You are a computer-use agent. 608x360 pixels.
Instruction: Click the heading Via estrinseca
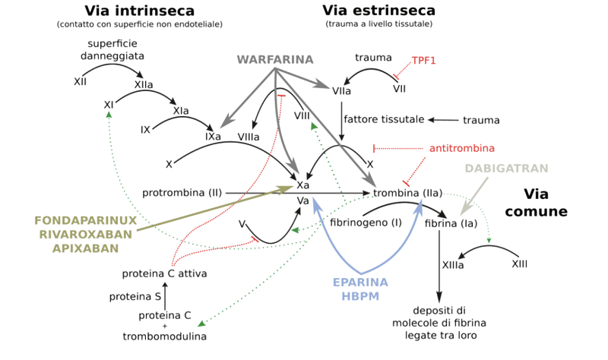point(378,11)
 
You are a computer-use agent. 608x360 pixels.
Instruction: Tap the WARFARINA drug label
point(271,58)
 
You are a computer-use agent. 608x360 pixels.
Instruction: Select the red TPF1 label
point(423,59)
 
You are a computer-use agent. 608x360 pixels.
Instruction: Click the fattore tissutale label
point(383,120)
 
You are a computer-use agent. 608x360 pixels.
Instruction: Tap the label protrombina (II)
point(182,193)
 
